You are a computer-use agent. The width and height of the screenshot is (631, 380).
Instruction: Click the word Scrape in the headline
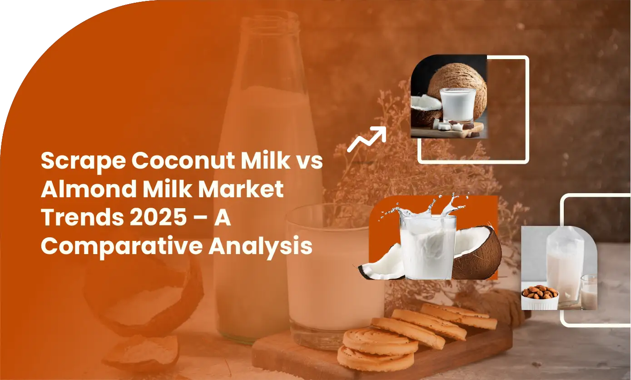pos(84,161)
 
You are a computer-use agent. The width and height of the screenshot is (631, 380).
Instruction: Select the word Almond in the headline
pos(89,189)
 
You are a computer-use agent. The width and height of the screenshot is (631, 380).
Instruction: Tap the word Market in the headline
pos(241,189)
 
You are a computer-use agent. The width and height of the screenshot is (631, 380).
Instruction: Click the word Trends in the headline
pos(82,217)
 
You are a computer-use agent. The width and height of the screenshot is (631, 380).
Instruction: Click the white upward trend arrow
pos(367,139)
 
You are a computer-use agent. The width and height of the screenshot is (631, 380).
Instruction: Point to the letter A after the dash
pos(223,217)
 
